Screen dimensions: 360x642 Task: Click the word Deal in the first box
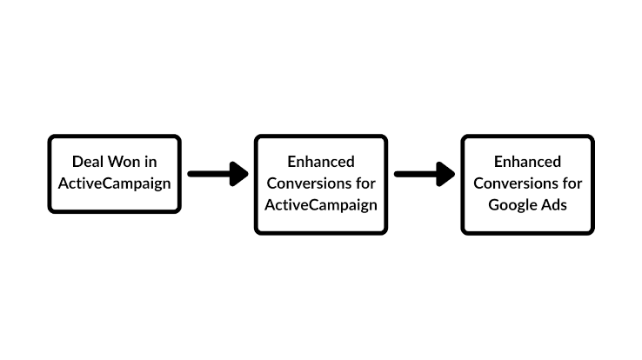coord(88,163)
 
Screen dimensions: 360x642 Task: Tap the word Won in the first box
coord(121,163)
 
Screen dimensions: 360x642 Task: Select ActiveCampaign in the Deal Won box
coord(114,184)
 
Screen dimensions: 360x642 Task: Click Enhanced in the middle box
coord(321,162)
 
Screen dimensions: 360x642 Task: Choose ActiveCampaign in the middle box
coord(321,206)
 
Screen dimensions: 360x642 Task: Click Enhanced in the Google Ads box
coord(527,162)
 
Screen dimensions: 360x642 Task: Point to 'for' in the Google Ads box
coord(572,183)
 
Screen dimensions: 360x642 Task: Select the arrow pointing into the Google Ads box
coord(424,174)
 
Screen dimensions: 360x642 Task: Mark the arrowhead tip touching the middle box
coord(249,174)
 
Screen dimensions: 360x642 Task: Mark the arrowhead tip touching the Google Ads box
coord(455,174)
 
